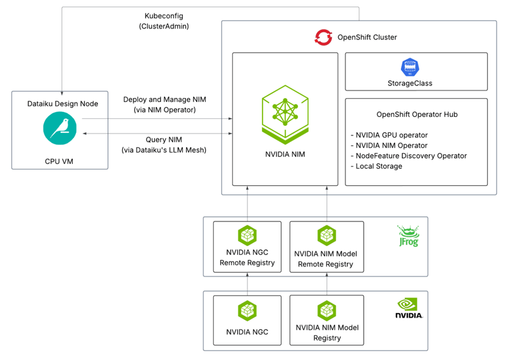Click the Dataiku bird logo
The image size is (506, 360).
click(x=60, y=128)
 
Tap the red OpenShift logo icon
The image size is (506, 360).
click(x=323, y=37)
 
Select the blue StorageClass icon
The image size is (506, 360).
click(x=410, y=67)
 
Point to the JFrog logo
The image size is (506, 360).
click(x=407, y=235)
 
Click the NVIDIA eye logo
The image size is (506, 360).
click(x=409, y=307)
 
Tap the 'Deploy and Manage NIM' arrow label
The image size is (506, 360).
click(x=164, y=104)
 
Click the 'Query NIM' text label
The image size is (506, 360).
click(x=164, y=145)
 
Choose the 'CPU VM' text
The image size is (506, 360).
click(x=59, y=161)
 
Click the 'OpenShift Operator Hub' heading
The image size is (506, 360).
click(x=416, y=115)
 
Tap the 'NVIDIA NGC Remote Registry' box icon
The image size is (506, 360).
click(x=247, y=235)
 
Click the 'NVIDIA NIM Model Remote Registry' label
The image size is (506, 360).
click(x=326, y=259)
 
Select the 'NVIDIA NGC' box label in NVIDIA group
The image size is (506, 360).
click(x=247, y=332)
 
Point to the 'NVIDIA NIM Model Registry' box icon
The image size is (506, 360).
click(x=326, y=310)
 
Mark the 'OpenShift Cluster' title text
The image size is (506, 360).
click(x=367, y=37)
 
